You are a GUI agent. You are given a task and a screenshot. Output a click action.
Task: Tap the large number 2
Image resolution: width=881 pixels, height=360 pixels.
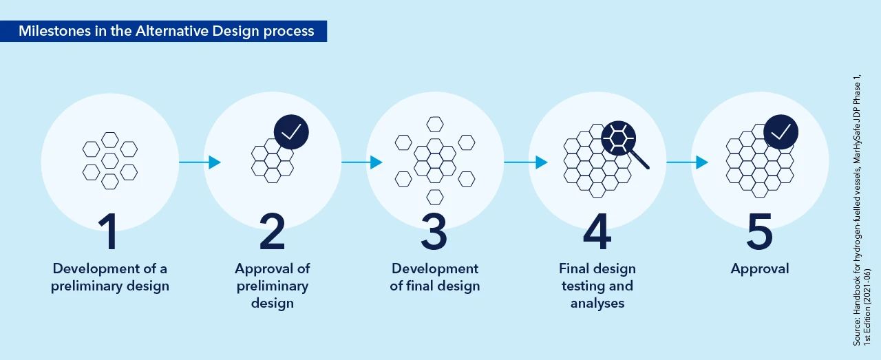(272, 231)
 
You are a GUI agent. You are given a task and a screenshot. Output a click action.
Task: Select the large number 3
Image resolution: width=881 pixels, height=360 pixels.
(434, 231)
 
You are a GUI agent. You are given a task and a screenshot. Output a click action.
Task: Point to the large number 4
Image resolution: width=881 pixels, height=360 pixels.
(597, 231)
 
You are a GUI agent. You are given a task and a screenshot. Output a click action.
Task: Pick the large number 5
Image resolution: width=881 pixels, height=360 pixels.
(759, 231)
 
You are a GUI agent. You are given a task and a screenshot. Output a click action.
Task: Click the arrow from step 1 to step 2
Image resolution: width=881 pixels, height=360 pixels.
(200, 162)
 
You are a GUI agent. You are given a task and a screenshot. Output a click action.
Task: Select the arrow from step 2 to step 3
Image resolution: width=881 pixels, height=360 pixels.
(362, 162)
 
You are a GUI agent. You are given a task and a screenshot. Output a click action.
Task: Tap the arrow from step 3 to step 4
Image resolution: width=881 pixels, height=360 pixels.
(526, 162)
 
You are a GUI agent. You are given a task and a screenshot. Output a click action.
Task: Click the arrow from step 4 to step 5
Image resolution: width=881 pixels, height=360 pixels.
(688, 162)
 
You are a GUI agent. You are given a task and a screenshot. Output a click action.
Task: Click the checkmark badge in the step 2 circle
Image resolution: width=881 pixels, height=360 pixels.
(291, 132)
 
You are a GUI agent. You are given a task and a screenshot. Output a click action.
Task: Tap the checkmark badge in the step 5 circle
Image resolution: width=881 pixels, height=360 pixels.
(781, 132)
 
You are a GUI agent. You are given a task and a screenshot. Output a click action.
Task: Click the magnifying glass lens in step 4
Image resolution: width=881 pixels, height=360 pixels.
(618, 138)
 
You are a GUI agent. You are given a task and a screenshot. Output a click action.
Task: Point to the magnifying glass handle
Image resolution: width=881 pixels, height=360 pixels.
(640, 160)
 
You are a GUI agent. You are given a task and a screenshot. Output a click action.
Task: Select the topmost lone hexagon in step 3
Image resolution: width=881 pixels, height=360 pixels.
(435, 125)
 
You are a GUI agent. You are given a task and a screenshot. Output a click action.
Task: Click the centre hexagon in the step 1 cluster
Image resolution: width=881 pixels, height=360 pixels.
(110, 160)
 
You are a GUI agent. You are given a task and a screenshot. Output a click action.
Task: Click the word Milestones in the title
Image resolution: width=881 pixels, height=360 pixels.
(54, 31)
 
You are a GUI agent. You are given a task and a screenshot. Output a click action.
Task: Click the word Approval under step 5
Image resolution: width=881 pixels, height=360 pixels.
(760, 269)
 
